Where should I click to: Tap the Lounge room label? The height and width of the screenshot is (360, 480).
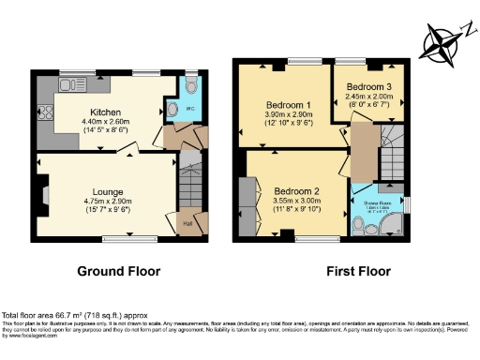click(x=108, y=191)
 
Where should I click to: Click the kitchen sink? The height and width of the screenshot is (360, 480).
click(x=67, y=85)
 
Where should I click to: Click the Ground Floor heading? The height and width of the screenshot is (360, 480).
click(x=118, y=271)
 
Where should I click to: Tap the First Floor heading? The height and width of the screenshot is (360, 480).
click(x=358, y=271)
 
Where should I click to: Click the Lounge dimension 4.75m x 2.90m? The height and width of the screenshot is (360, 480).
click(x=110, y=202)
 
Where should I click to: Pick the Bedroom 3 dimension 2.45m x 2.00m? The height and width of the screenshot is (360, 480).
click(x=369, y=96)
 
